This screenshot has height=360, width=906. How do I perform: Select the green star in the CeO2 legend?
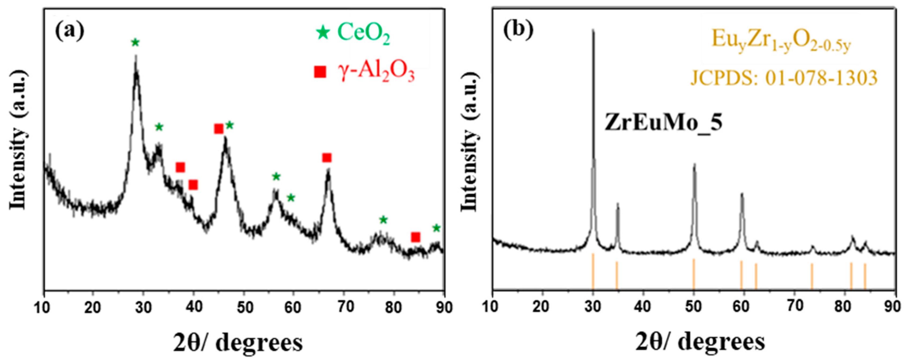[x=323, y=33]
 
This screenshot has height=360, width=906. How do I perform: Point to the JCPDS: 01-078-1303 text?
[x=784, y=78]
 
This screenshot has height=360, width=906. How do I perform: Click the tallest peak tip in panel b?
[x=593, y=31]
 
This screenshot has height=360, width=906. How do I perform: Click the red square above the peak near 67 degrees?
[x=327, y=157]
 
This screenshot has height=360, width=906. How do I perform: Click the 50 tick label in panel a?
[x=244, y=307]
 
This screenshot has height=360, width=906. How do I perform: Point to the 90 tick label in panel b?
[x=893, y=307]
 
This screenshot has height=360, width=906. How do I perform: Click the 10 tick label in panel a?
[x=44, y=307]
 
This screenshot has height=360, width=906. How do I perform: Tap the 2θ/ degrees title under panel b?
[x=700, y=342]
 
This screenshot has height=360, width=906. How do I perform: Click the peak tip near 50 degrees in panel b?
[x=694, y=164]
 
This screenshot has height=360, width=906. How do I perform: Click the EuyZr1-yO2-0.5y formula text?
[x=781, y=42]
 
